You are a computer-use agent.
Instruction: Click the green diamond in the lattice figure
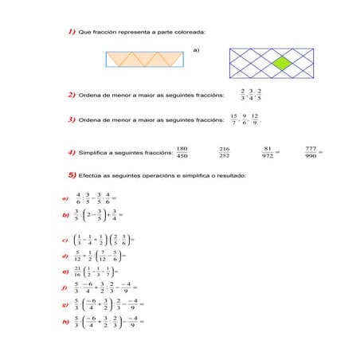[280, 62]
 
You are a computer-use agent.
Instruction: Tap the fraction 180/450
[182, 151]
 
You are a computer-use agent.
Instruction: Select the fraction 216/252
[225, 151]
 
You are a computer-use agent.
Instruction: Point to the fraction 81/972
[268, 151]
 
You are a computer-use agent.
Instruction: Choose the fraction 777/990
[311, 151]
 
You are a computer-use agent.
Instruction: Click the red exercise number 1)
[72, 31]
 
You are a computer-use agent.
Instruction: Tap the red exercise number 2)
[72, 96]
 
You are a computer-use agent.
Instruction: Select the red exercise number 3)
[72, 120]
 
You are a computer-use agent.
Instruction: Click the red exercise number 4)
[72, 151]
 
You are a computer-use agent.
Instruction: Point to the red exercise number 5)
[72, 174]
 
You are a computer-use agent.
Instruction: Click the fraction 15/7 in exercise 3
[233, 119]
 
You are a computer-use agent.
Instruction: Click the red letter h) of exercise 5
[65, 322]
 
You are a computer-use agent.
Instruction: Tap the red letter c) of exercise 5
[65, 238]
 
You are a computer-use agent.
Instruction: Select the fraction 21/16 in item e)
[76, 272]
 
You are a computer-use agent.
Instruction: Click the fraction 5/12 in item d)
[77, 256]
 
